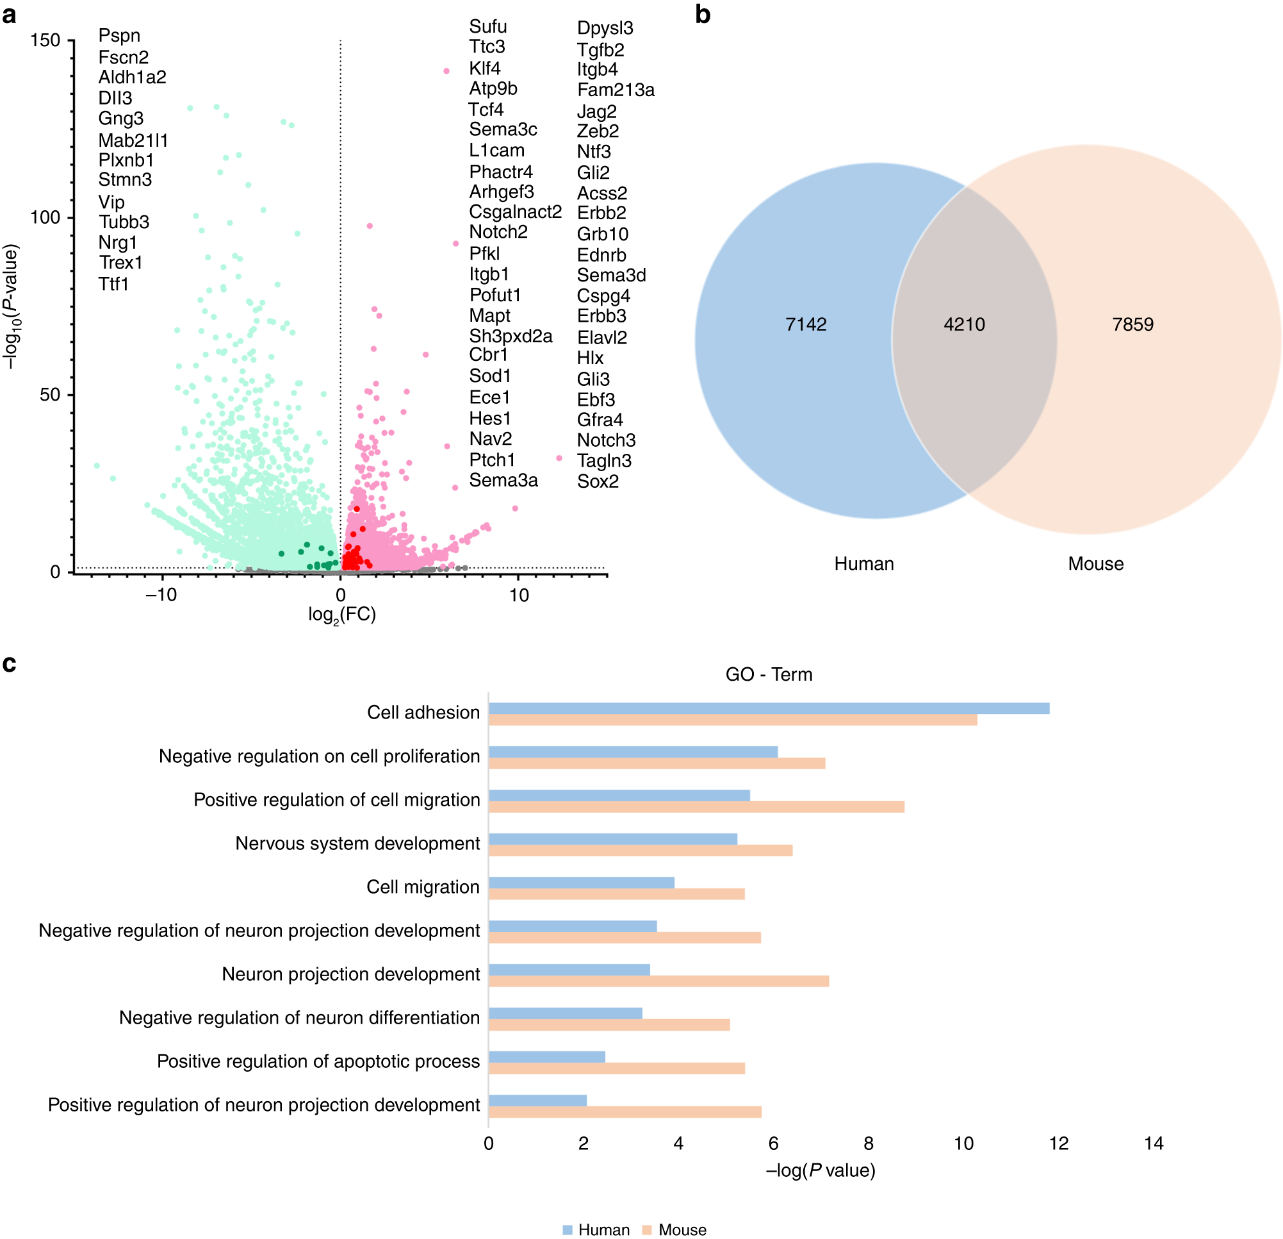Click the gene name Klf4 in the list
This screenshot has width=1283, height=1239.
click(x=484, y=68)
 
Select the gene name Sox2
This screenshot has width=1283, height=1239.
click(x=597, y=481)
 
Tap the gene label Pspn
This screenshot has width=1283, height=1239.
click(x=119, y=35)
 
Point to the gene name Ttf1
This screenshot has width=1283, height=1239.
click(x=113, y=283)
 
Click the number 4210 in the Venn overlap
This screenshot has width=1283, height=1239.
click(x=963, y=324)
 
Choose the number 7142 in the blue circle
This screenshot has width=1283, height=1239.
click(x=805, y=324)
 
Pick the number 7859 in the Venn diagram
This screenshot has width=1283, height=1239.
click(x=1132, y=324)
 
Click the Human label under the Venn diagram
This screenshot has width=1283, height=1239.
click(x=863, y=564)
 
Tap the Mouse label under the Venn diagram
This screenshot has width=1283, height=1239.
click(x=1095, y=564)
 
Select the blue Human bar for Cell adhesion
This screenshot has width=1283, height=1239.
click(x=769, y=708)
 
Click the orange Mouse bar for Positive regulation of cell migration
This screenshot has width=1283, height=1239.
click(x=696, y=807)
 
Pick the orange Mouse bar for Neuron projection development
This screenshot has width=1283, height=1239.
click(x=658, y=981)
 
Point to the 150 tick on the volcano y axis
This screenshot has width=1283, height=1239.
click(x=45, y=40)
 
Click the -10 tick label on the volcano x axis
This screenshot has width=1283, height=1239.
click(x=161, y=595)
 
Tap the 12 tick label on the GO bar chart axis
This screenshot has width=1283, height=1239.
click(x=1058, y=1143)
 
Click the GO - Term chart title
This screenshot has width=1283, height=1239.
click(x=769, y=674)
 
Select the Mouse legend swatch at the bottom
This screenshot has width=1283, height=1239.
click(x=647, y=1230)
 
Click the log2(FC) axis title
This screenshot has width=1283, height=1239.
click(x=341, y=615)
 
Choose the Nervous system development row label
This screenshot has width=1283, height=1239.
click(x=357, y=844)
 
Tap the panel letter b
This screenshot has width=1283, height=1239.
click(x=703, y=14)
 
